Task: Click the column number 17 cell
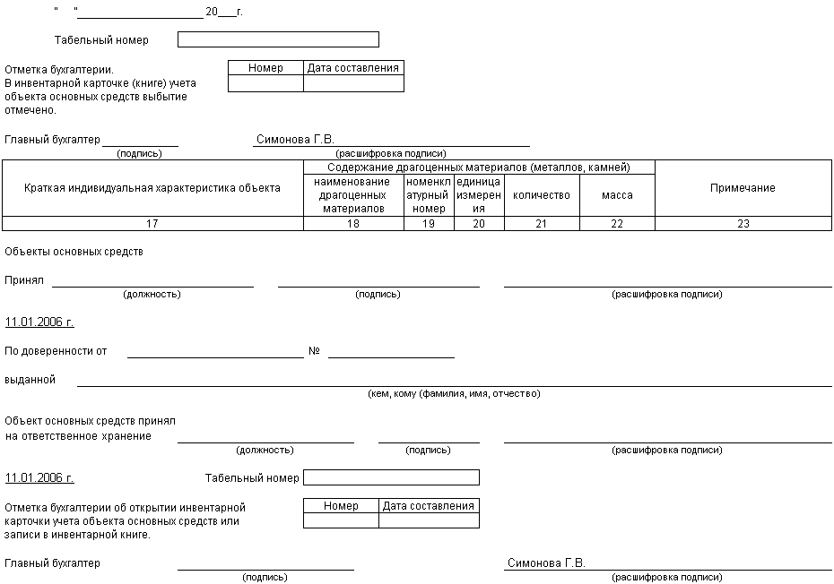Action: [152, 224]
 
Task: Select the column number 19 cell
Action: [429, 224]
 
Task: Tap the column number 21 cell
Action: [542, 224]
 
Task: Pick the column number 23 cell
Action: [743, 224]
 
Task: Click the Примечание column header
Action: [743, 188]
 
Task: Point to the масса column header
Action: [617, 195]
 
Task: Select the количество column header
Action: [542, 195]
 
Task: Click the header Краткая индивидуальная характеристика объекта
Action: [152, 188]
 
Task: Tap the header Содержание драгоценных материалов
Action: [479, 167]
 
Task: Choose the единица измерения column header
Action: [479, 195]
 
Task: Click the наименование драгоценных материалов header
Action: [353, 195]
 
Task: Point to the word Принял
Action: [24, 279]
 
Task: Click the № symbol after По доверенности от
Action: [314, 351]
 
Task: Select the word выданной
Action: [30, 380]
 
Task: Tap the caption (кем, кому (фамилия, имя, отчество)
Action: [454, 394]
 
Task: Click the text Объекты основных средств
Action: [74, 252]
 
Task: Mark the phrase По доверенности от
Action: [56, 351]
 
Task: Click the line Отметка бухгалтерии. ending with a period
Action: [60, 69]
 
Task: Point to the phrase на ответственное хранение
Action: [78, 436]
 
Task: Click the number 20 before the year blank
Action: [212, 12]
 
